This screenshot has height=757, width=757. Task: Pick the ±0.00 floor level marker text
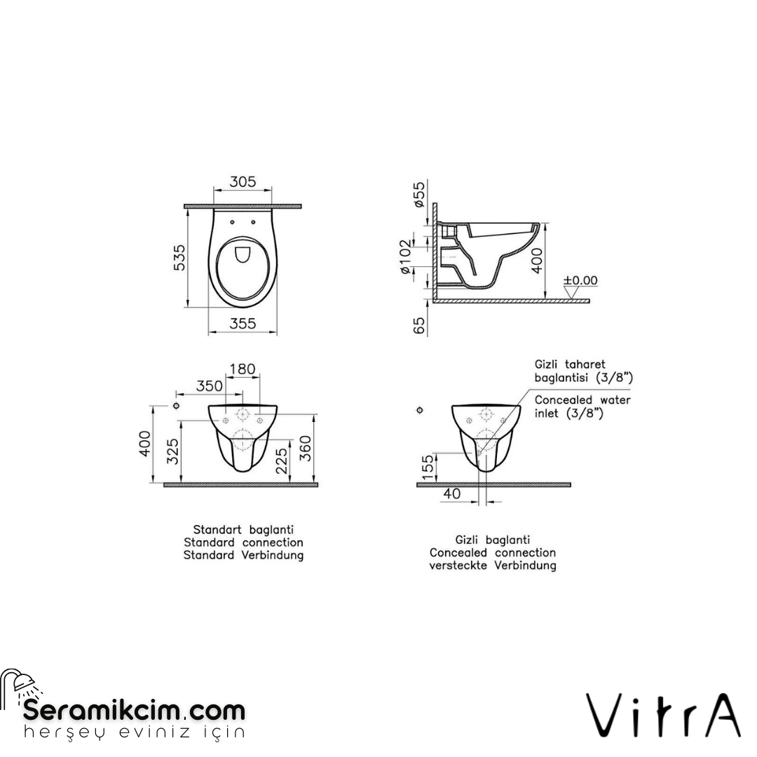coord(581,280)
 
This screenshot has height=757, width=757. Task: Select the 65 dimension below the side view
coord(420,325)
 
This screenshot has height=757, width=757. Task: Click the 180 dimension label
coord(243,369)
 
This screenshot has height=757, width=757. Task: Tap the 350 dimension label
coord(210,386)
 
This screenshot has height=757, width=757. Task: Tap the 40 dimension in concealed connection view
coord(453,494)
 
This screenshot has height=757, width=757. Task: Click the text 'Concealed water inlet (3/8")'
coord(582,407)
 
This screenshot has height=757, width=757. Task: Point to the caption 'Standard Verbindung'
coord(243,555)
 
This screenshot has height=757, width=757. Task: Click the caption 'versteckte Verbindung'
coord(493,565)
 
